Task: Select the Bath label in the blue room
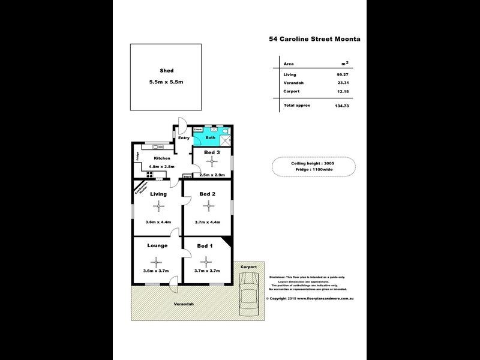210,137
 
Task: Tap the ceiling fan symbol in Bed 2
208,206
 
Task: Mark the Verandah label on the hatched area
185,305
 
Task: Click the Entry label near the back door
183,138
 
